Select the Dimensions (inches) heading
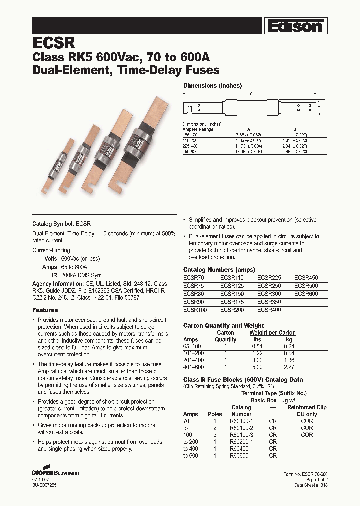click(212, 86)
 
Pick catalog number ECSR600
click(306, 294)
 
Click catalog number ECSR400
click(269, 310)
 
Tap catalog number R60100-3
click(241, 435)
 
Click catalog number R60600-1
click(241, 456)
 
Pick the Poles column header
click(214, 414)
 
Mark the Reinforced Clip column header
click(307, 407)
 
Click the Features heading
click(45, 310)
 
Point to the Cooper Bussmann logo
click(55, 471)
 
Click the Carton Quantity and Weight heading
click(224, 326)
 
